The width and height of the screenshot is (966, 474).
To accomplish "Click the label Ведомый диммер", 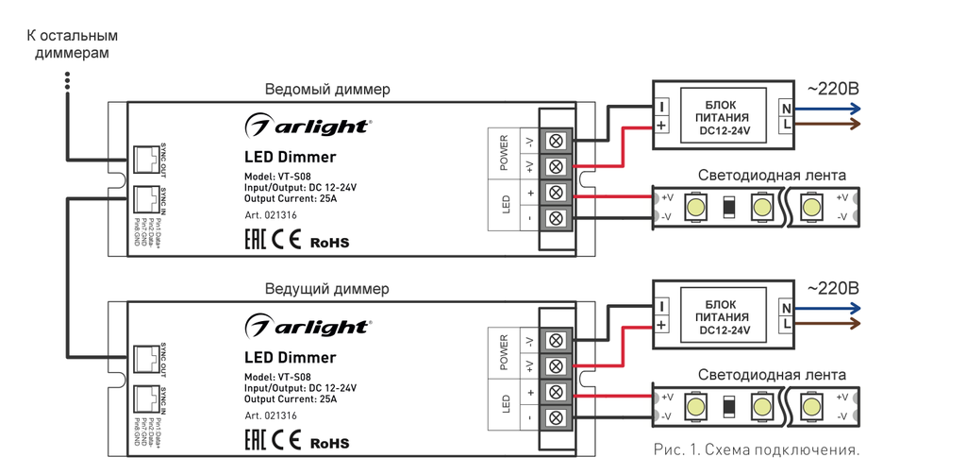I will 327,90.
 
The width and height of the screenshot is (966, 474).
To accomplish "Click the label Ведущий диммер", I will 327,289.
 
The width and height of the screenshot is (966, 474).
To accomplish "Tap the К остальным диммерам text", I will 72,44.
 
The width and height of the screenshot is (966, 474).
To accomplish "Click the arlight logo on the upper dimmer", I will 308,127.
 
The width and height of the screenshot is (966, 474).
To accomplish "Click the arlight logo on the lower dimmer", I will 308,328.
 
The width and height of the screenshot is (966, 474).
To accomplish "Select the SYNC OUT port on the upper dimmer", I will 145,162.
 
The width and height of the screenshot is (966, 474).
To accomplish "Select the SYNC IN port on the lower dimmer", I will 145,401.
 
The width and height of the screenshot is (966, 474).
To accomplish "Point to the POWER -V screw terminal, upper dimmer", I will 556,142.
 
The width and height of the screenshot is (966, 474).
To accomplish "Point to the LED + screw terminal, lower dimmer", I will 556,392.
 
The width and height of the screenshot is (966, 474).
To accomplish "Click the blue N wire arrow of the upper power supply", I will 830,109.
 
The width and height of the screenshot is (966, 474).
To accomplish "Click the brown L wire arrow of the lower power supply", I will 830,324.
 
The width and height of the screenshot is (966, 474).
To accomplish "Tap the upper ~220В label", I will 832,90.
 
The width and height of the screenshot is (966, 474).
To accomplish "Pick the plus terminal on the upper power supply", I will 661,125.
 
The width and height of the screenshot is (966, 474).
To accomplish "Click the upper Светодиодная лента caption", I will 772,176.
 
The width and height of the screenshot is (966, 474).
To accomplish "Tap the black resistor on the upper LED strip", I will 728,207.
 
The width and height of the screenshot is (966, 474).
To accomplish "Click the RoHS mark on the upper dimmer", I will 329,243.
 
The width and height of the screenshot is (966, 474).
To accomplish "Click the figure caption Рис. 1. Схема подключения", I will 756,449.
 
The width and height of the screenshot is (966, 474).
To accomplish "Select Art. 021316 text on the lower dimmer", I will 271,415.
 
